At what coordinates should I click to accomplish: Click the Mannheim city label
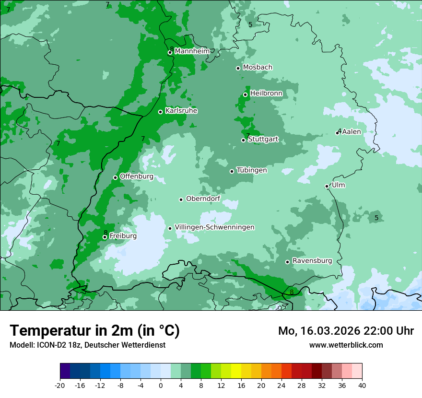click(x=192, y=51)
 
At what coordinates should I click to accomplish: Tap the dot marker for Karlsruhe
click(x=161, y=112)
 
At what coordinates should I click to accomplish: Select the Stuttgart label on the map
click(x=263, y=140)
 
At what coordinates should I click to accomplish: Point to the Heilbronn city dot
click(x=246, y=94)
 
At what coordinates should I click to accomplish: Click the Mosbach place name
click(x=258, y=68)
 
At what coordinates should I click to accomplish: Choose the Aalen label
click(x=352, y=132)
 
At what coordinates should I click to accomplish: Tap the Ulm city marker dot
click(x=327, y=186)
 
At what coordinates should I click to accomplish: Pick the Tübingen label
click(x=252, y=171)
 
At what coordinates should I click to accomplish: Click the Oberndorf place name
click(x=203, y=199)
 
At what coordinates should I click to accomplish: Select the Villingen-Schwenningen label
click(x=214, y=227)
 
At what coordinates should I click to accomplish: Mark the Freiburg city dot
click(x=105, y=237)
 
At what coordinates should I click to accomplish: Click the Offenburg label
click(x=137, y=176)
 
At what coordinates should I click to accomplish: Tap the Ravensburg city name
click(x=312, y=261)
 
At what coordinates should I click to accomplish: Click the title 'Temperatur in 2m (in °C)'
click(x=94, y=331)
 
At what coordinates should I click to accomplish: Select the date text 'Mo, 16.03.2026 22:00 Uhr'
click(x=346, y=331)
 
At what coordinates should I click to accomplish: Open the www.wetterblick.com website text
click(x=346, y=345)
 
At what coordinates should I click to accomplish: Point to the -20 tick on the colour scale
click(x=60, y=386)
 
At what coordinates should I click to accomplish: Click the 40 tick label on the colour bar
click(x=362, y=386)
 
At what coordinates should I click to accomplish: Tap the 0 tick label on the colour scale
click(x=161, y=386)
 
